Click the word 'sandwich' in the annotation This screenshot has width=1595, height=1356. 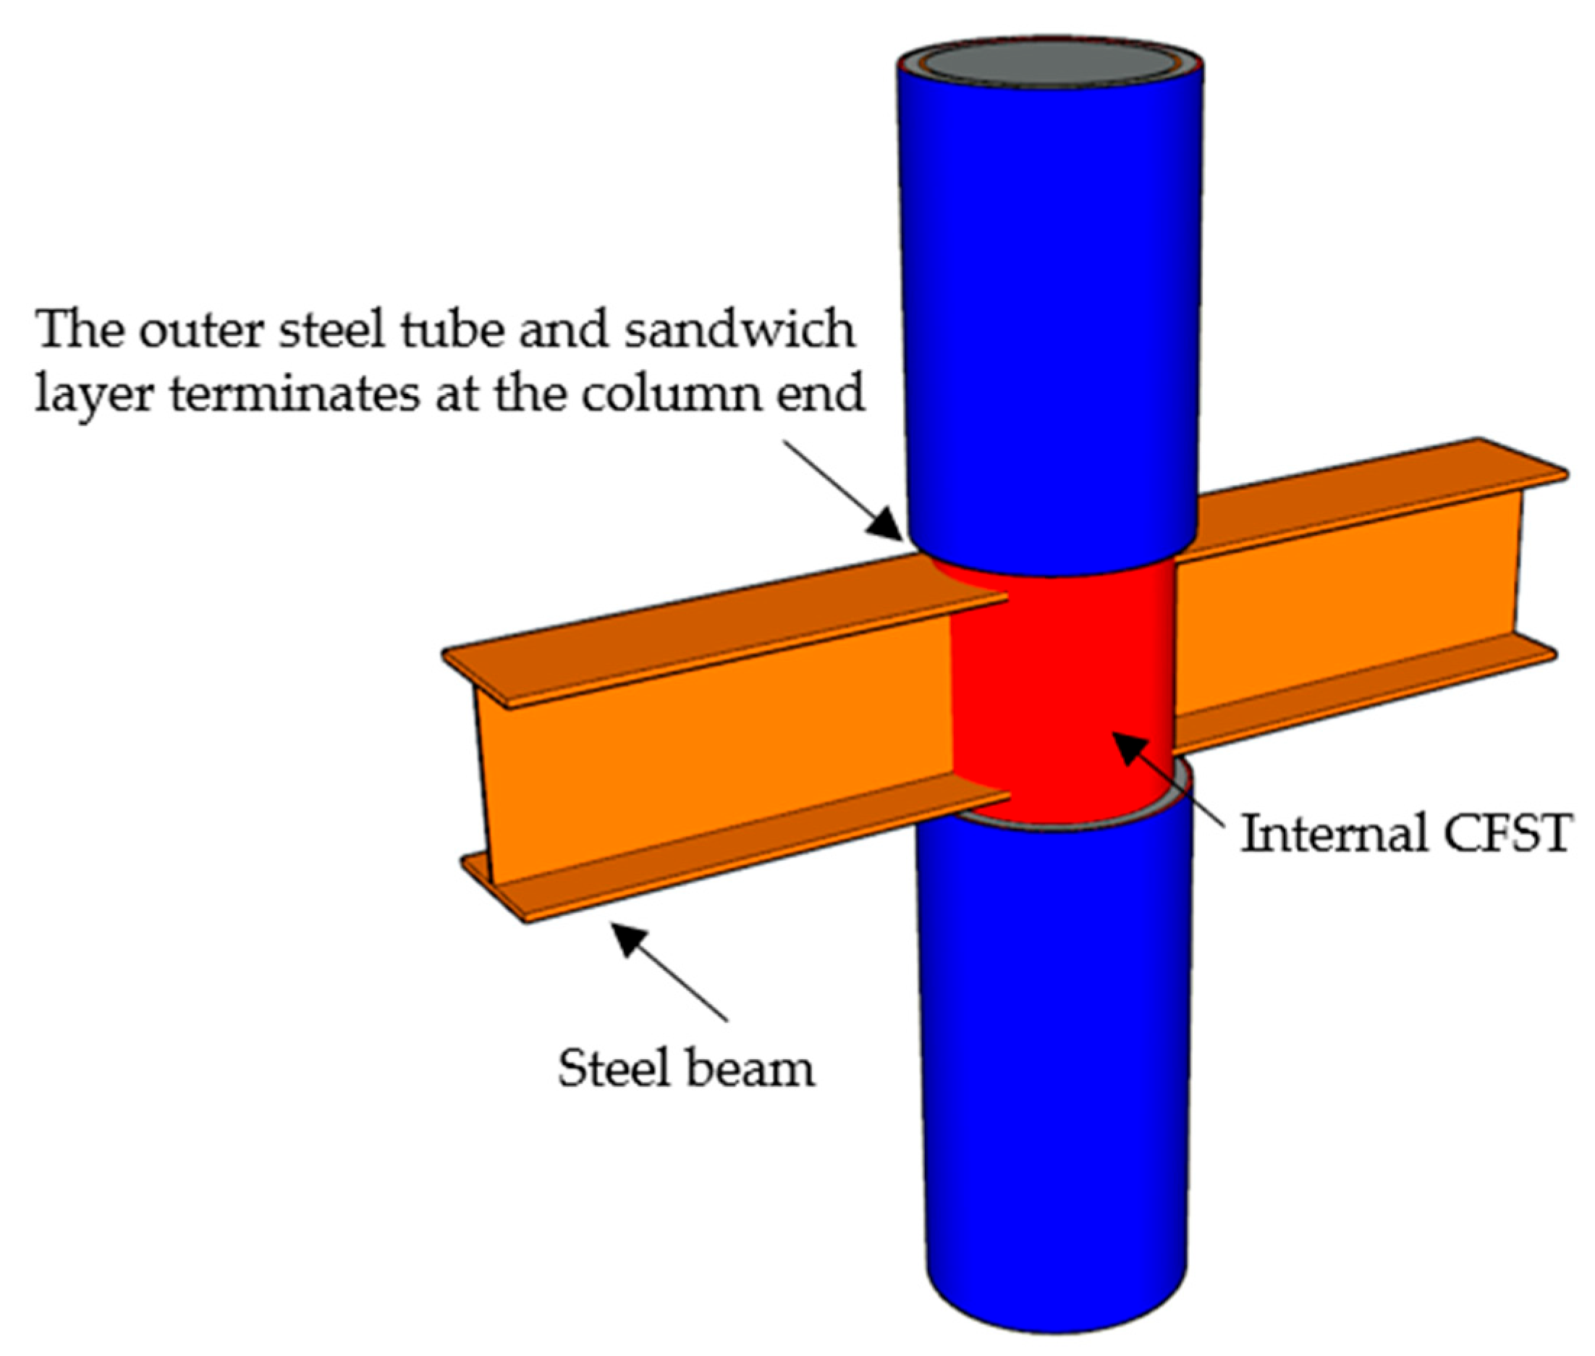click(x=740, y=330)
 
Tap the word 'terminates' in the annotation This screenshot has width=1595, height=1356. click(x=295, y=395)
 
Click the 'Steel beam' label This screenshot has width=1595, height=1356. click(x=685, y=1069)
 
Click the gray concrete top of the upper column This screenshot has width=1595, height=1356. click(x=1049, y=62)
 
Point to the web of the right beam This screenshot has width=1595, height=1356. click(x=1345, y=599)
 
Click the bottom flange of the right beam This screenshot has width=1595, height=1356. click(x=1368, y=696)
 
